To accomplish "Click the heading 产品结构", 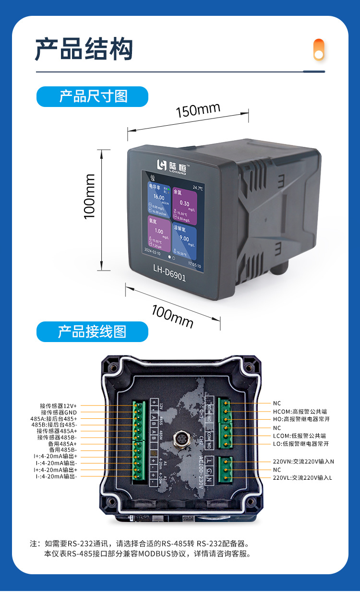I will [84, 50].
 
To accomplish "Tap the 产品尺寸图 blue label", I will [93, 96].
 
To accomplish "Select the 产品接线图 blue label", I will [92, 332].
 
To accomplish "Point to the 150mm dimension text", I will [198, 110].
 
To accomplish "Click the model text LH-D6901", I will [169, 277].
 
